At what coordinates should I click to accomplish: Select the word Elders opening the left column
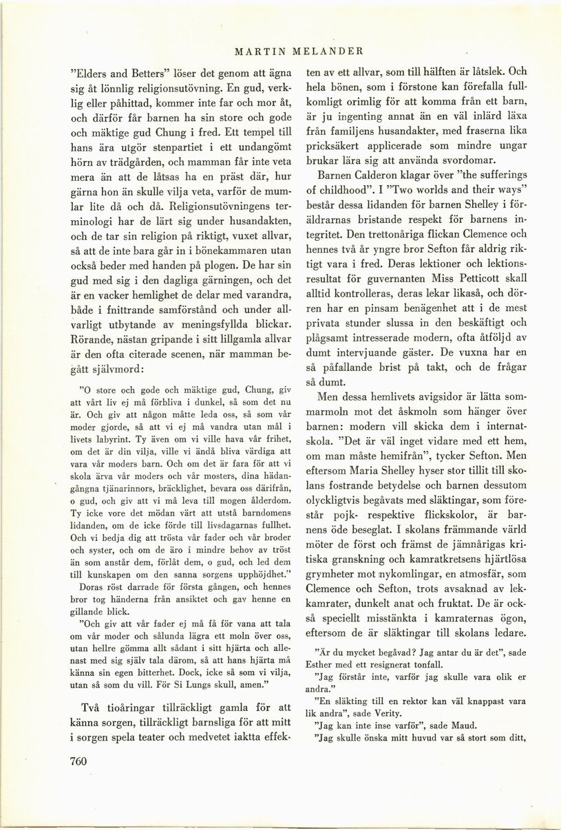pyautogui.click(x=91, y=72)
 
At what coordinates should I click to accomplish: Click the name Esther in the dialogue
pyautogui.click(x=329, y=664)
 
